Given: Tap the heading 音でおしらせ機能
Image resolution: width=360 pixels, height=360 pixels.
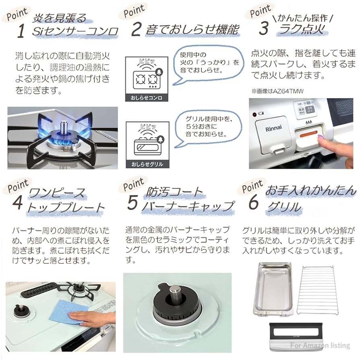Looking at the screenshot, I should (x=192, y=30).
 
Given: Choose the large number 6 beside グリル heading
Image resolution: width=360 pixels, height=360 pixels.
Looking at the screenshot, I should (x=253, y=203).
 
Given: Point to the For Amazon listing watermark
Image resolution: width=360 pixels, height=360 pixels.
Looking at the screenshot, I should (x=319, y=346).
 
